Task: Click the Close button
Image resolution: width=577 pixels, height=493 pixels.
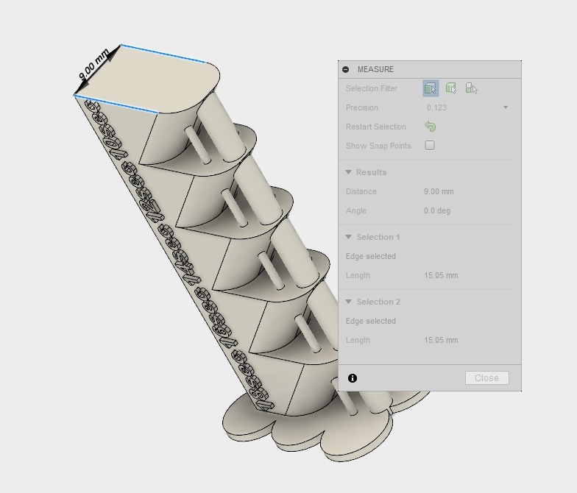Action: pos(486,377)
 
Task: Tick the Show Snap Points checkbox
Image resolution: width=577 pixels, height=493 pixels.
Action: pos(430,145)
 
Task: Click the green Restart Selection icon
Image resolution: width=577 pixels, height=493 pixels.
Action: pos(431,127)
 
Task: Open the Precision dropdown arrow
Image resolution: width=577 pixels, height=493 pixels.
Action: pos(506,107)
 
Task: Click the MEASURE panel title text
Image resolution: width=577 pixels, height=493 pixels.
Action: pos(375,69)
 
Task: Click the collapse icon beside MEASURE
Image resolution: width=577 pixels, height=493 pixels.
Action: pos(346,69)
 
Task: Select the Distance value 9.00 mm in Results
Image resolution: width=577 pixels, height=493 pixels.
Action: pos(439,191)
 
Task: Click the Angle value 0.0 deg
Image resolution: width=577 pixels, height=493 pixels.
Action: pos(437,210)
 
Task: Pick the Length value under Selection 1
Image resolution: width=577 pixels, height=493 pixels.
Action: pos(441,275)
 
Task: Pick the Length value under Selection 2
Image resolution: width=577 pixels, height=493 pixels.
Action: pos(441,340)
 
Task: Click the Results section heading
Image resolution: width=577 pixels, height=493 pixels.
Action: pos(371,172)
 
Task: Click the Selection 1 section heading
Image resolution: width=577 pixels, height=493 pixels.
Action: pos(378,237)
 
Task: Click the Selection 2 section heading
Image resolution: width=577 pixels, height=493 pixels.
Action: pos(378,302)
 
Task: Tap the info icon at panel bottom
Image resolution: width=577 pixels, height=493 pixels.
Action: pos(353,377)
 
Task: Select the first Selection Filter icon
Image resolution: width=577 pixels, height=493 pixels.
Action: pos(431,88)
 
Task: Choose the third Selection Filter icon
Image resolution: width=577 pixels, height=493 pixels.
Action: pos(472,88)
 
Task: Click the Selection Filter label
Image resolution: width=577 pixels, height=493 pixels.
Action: pos(372,88)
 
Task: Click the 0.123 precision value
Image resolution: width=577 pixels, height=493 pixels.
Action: pos(437,107)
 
